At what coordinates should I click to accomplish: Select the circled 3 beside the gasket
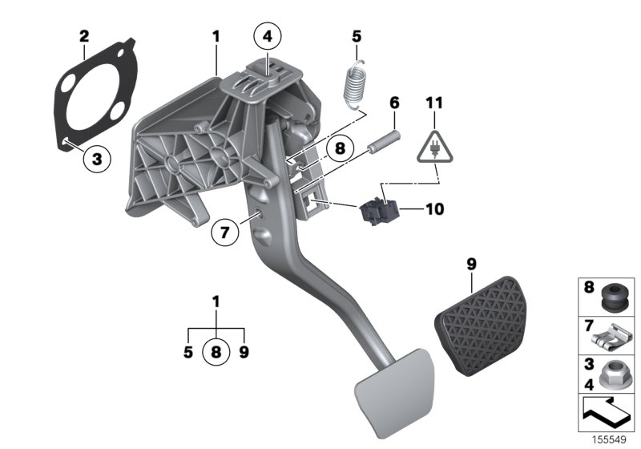click(97, 159)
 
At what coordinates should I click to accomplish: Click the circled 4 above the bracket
click(267, 35)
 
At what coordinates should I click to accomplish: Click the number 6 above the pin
click(394, 103)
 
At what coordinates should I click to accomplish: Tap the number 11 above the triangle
click(433, 103)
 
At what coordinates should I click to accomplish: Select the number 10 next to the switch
click(433, 210)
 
